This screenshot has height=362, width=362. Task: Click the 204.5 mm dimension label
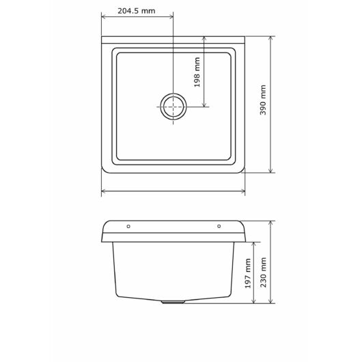[x=137, y=11]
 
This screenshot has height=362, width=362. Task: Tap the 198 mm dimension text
[x=197, y=72]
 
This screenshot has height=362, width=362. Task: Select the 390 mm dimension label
[x=263, y=100]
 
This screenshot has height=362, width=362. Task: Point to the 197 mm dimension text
[x=248, y=273]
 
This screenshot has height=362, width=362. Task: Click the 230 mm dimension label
[x=263, y=273]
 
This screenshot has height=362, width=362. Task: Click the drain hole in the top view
[x=173, y=107]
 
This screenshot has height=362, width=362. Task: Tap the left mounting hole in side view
[x=128, y=226]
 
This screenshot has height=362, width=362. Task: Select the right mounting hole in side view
[x=219, y=226]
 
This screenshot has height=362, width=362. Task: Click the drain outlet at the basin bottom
[x=173, y=302]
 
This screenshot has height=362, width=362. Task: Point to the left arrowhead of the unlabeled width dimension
[x=104, y=191]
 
